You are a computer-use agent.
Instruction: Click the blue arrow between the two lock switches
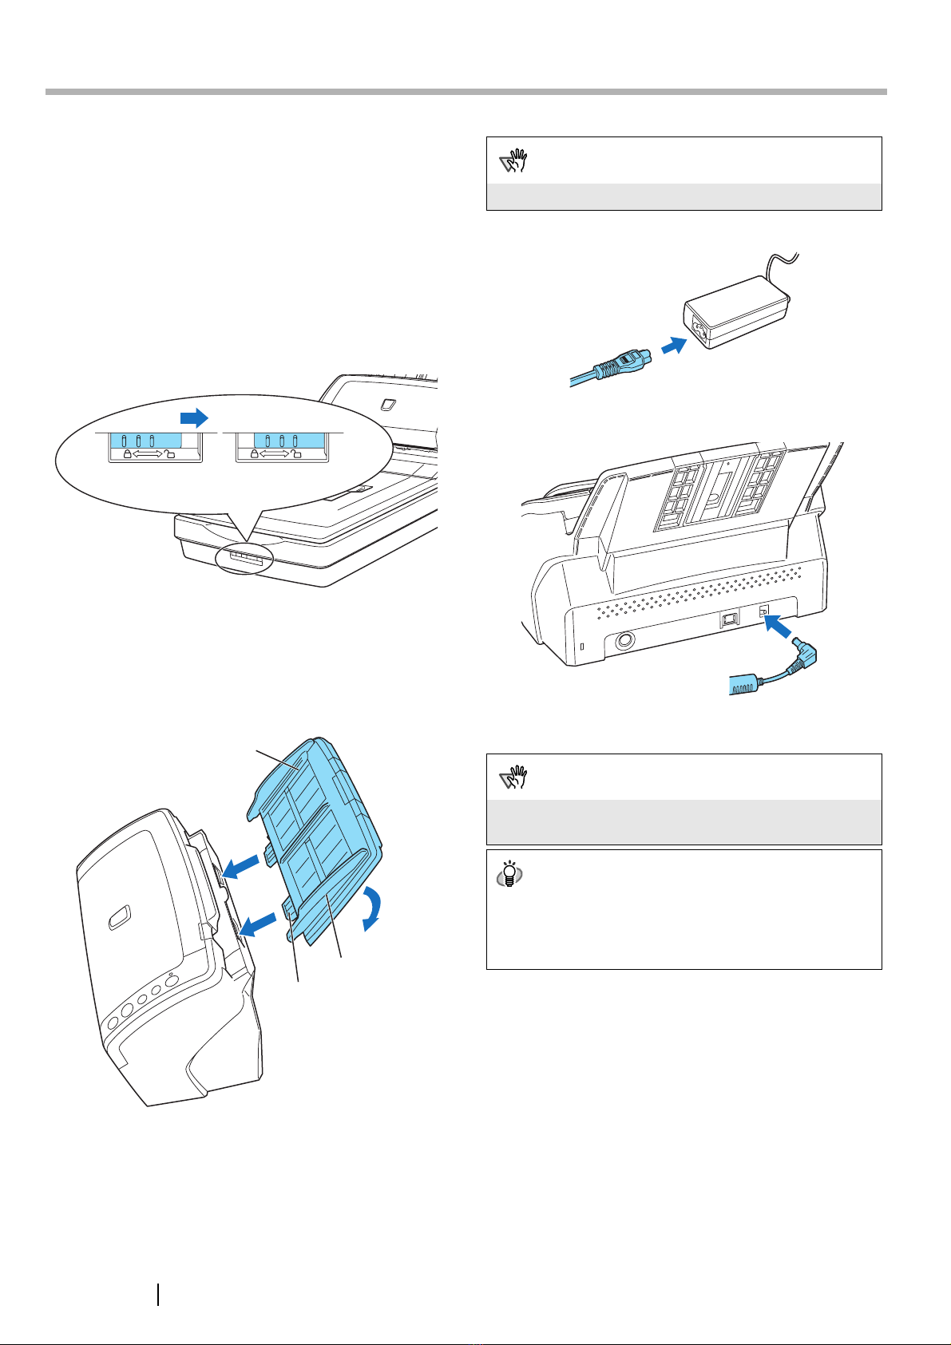pos(194,417)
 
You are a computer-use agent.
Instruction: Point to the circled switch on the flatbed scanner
pos(244,560)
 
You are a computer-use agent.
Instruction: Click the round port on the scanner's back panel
pos(625,641)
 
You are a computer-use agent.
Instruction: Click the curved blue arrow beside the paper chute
pos(374,908)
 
